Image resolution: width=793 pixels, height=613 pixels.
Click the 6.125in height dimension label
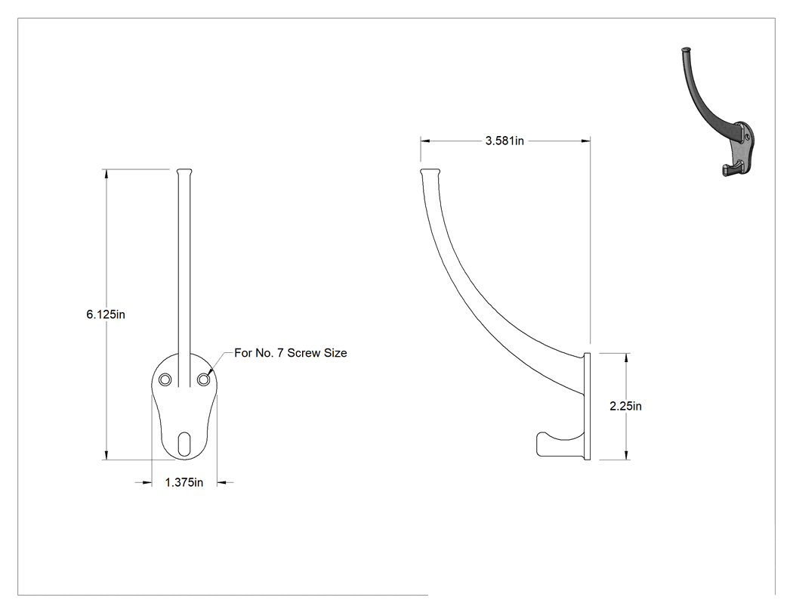(x=106, y=314)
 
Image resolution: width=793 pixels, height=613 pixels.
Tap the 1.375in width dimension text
(x=184, y=482)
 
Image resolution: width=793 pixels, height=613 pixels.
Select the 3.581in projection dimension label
(x=504, y=141)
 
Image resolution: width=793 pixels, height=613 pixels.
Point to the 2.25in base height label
(x=625, y=406)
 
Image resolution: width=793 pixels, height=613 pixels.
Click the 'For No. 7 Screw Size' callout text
(x=291, y=353)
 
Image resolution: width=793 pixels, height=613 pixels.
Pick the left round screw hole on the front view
(x=165, y=379)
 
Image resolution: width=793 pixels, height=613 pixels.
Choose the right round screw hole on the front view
(x=203, y=379)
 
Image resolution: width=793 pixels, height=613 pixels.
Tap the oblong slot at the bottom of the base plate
(x=184, y=444)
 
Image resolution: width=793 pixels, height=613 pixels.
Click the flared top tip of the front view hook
(x=184, y=172)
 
